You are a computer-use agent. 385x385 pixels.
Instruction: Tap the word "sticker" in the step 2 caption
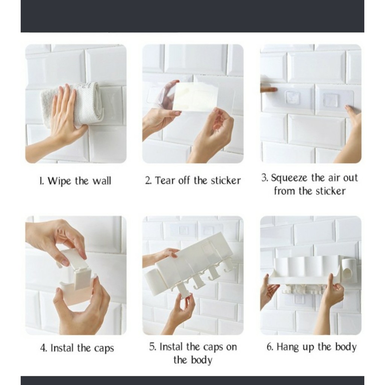226,180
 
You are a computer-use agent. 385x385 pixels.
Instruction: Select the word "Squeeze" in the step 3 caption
289,178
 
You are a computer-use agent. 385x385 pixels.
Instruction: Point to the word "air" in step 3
333,177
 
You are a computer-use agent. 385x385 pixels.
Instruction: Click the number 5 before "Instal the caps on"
153,347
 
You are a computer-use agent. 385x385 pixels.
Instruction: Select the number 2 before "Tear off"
148,180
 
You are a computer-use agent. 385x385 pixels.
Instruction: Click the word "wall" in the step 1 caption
102,181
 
